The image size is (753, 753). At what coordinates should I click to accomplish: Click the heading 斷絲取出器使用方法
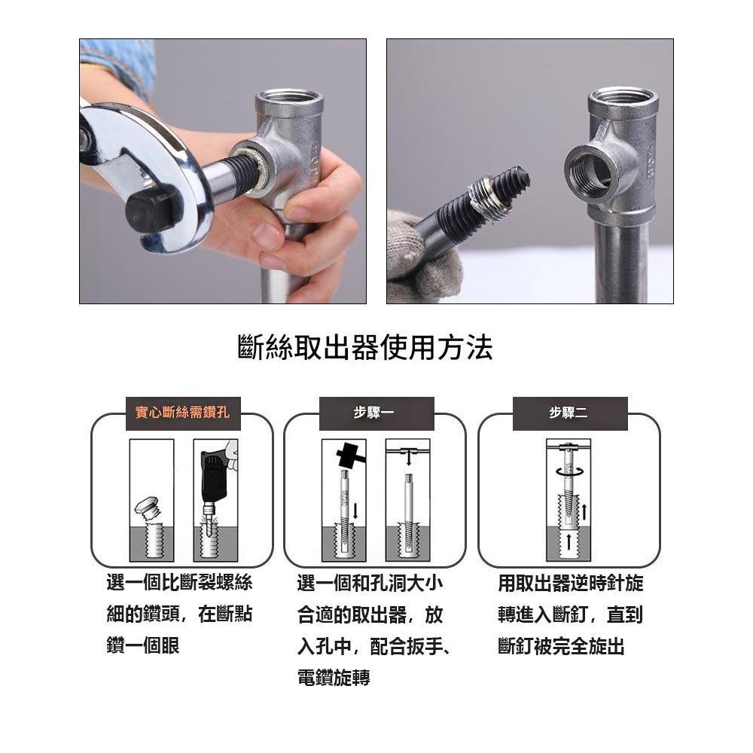[x=364, y=348]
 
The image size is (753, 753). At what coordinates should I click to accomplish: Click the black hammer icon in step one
[x=346, y=455]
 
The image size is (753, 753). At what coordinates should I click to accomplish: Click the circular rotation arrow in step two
[x=569, y=470]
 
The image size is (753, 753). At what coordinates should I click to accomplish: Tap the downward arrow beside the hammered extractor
[x=355, y=511]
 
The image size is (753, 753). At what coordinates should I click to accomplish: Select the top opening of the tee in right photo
[x=622, y=97]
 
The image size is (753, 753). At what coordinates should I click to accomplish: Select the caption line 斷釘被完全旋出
[x=561, y=646]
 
